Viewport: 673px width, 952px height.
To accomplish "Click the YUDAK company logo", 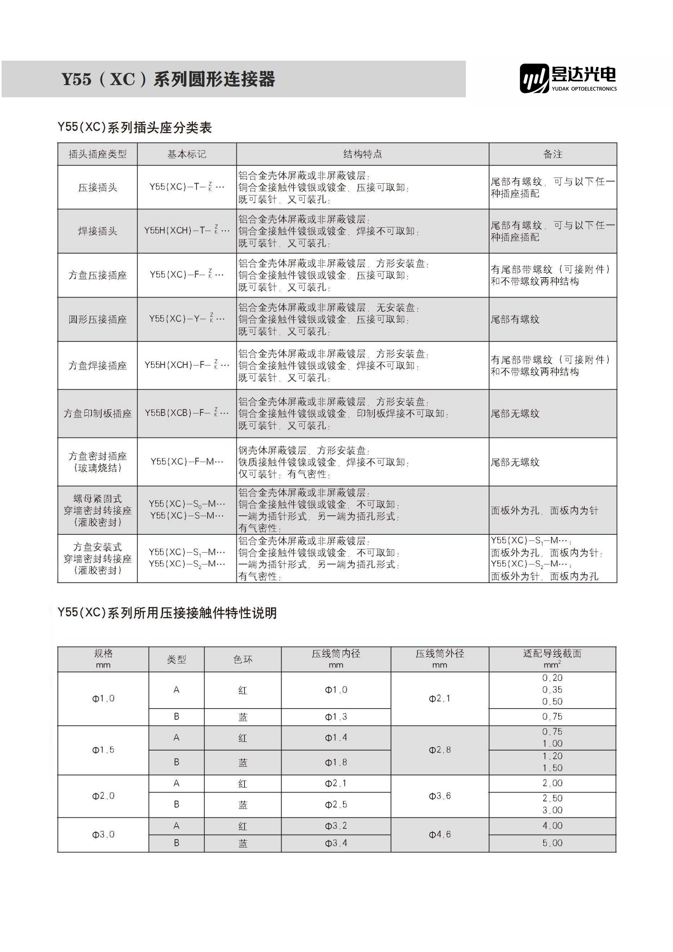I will (568, 78).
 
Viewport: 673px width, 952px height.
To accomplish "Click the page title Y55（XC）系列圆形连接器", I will (168, 79).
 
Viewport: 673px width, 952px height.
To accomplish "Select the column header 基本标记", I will (186, 154).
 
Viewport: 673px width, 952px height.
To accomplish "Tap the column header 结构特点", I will (363, 154).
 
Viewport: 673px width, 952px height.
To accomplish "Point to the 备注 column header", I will (553, 154).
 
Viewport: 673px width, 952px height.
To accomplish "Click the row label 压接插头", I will (97, 187).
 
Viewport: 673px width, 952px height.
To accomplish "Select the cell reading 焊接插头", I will (97, 231).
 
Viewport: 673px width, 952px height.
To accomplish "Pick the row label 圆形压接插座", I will (97, 319).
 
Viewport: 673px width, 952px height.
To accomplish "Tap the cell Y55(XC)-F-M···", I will (186, 462).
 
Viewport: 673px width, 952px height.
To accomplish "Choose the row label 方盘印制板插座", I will (97, 414).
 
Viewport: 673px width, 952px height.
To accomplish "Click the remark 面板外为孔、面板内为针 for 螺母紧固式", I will (544, 510).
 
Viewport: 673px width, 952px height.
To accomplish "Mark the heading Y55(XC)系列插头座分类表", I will (135, 127).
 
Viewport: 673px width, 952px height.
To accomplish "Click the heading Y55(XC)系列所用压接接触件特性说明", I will (167, 613).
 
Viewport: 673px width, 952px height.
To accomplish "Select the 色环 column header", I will (243, 659).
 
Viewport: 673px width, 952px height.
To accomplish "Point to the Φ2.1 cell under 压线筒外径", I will (439, 699).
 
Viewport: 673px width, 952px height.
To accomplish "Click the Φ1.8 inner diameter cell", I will (336, 762).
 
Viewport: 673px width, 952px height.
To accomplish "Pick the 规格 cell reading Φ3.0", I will (103, 834).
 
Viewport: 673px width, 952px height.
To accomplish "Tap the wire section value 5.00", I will (553, 843).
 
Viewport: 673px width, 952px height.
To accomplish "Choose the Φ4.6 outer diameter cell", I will (439, 834).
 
